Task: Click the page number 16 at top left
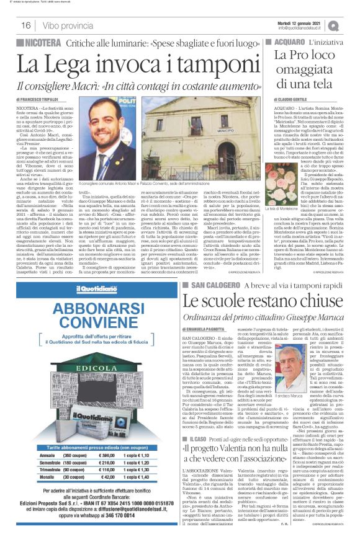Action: coord(25,25)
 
